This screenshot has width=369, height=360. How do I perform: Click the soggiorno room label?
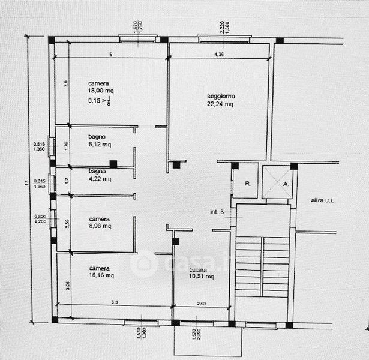[221, 96]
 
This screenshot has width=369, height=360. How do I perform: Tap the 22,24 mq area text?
[221, 104]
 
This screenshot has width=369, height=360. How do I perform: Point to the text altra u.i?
[322, 200]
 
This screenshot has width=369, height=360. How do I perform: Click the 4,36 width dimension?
[220, 55]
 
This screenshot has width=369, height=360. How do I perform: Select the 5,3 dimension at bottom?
[113, 302]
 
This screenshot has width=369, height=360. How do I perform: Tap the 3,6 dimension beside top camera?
[67, 84]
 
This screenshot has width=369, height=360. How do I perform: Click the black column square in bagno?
[113, 164]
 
